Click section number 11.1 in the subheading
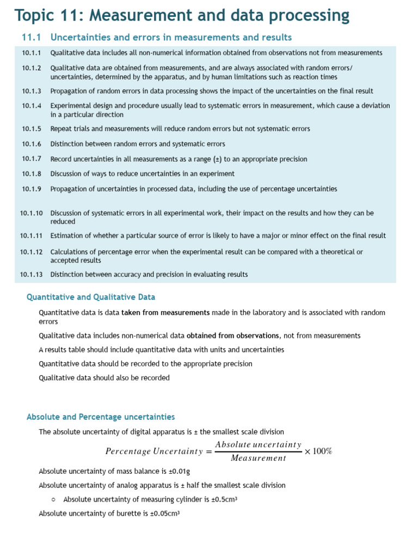(x=32, y=38)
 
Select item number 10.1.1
(x=32, y=53)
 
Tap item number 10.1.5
(x=32, y=129)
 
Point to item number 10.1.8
(x=32, y=174)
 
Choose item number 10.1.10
(x=32, y=213)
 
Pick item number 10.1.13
(x=32, y=275)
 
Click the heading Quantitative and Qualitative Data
(x=91, y=297)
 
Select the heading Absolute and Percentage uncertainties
(x=101, y=417)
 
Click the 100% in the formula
(x=322, y=451)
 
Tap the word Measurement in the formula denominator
(x=258, y=458)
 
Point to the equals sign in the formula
(x=208, y=451)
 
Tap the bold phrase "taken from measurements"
(x=165, y=313)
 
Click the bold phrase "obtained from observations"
(x=233, y=336)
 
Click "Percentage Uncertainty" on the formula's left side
(x=153, y=451)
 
